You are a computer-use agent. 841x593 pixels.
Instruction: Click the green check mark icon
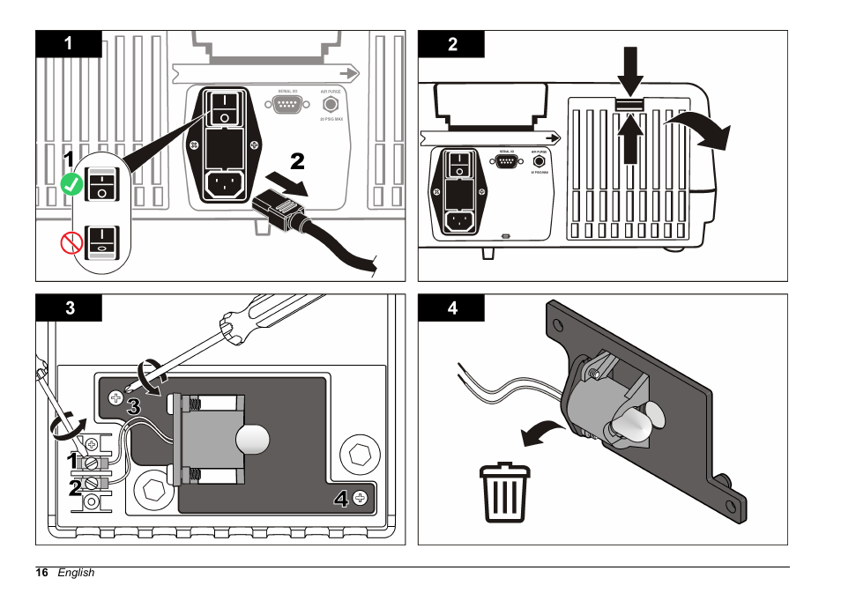[x=71, y=184]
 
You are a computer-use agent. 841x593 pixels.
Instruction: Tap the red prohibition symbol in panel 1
[x=71, y=240]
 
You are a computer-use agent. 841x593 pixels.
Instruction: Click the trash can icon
[x=505, y=494]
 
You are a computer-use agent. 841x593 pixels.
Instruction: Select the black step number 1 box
[x=69, y=44]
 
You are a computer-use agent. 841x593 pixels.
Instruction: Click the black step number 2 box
[x=451, y=44]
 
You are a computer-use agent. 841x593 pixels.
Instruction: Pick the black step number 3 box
[x=69, y=308]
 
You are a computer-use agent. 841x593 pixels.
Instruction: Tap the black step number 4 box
[x=451, y=308]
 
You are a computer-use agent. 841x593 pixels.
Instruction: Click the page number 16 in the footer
[x=41, y=573]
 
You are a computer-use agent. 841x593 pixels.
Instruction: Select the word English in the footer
[x=76, y=573]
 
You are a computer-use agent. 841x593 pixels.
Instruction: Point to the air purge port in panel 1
[x=331, y=105]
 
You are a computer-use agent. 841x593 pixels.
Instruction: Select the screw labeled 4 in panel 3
[x=360, y=498]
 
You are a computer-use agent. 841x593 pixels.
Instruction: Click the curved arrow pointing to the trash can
[x=541, y=432]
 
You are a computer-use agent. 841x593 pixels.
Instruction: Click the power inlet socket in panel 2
[x=459, y=220]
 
